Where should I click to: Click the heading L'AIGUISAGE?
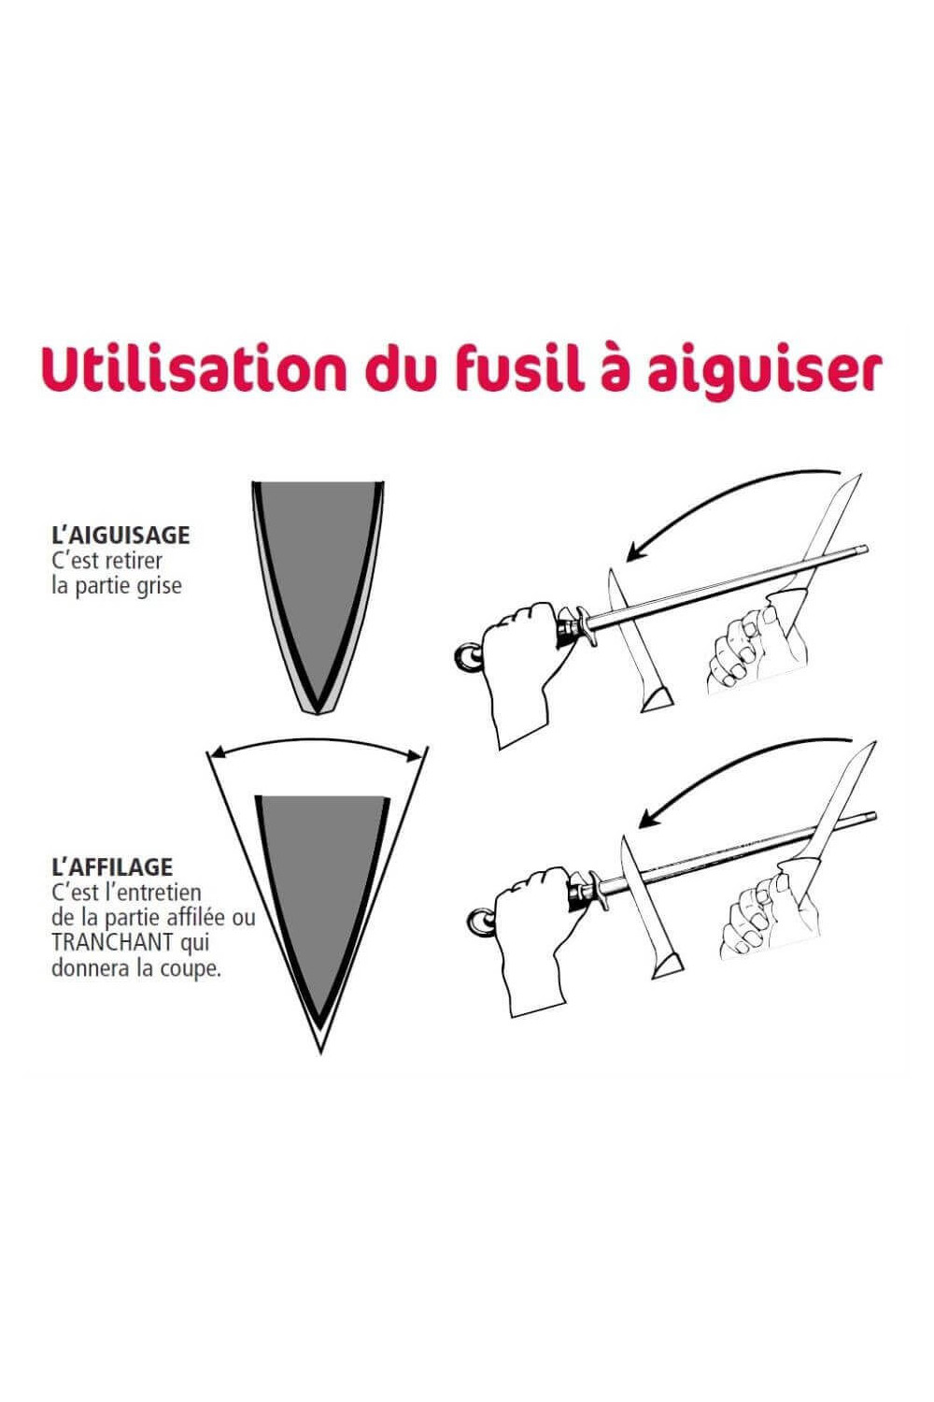coord(120,536)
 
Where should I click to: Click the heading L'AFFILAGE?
coord(112,866)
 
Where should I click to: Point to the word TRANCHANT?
coord(113,942)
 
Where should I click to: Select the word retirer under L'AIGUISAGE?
coord(134,561)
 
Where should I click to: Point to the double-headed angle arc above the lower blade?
coord(318,740)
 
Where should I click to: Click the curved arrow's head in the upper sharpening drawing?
coord(636,551)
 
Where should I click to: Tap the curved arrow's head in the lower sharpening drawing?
coord(649,818)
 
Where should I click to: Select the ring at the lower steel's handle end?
coord(480,922)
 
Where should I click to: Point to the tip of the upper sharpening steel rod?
coord(866,550)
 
